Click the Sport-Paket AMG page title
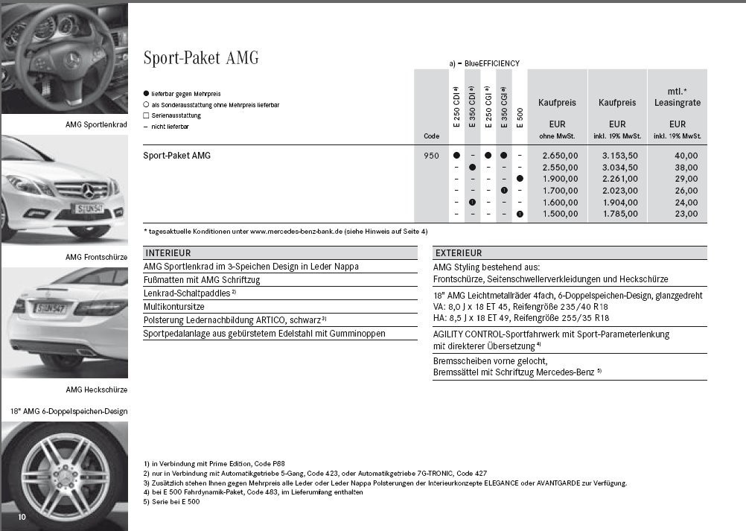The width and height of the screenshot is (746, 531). pos(201,58)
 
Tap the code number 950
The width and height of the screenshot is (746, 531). pos(431,156)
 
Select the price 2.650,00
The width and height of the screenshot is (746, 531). pos(560,156)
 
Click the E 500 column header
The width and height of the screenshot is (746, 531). pos(520,117)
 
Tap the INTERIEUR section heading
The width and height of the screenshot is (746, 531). pos(168,253)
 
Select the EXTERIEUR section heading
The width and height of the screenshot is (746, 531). pos(459,253)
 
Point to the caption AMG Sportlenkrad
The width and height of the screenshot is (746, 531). pos(96,125)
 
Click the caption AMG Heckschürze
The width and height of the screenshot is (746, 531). pos(96,389)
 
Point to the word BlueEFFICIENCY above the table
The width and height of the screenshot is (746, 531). pos(491,64)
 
